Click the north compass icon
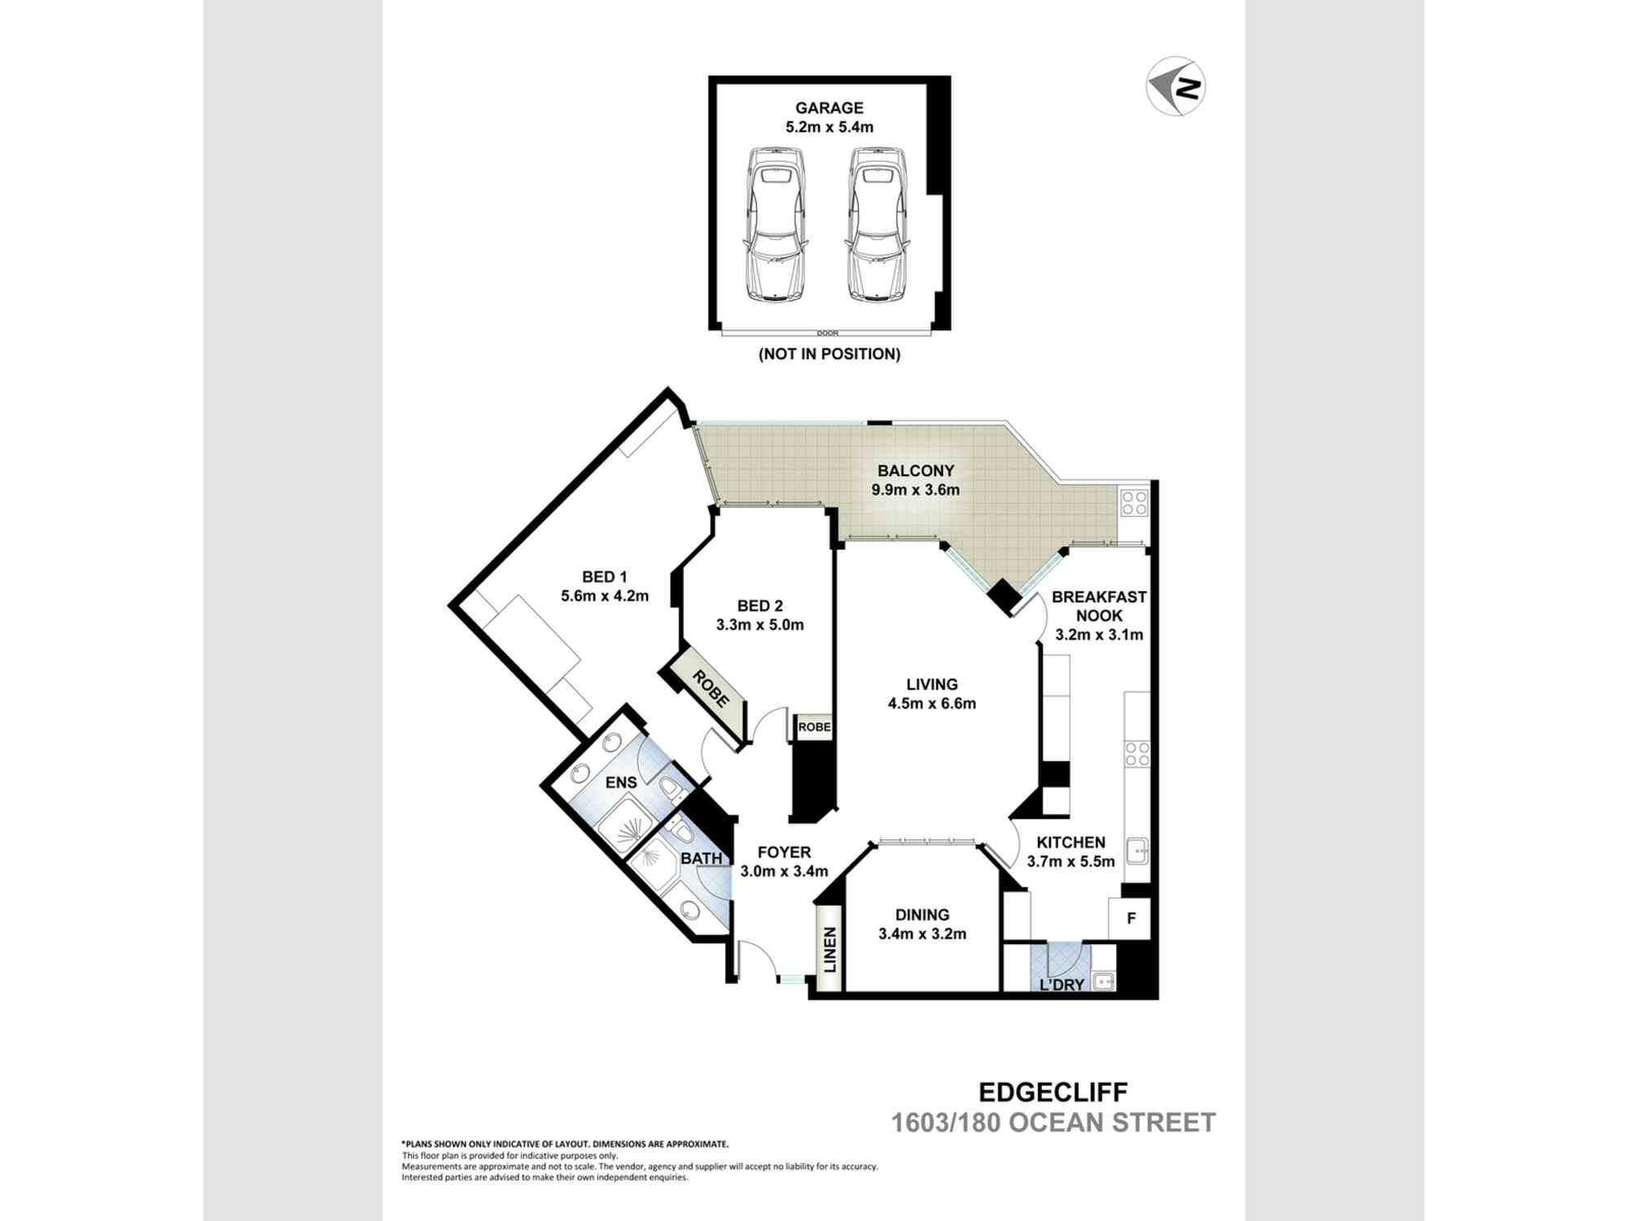1175,85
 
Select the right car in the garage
877,225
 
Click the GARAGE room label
829,107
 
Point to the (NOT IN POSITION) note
829,354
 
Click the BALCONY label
916,470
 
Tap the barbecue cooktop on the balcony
1133,501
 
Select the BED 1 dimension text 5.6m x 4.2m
605,596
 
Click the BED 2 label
760,606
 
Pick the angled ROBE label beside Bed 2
710,688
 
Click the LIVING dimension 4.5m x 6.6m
932,703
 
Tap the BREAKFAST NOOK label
1099,606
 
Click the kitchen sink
1137,851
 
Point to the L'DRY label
1062,985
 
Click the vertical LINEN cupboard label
830,951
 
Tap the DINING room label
922,915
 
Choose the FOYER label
784,852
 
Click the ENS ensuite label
621,782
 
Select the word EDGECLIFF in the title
1053,1092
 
